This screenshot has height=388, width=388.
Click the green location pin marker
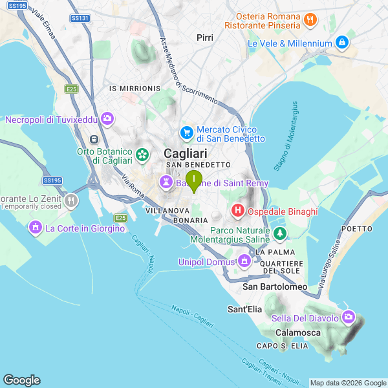tap(193, 180)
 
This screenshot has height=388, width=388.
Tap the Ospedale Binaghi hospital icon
tap(237, 211)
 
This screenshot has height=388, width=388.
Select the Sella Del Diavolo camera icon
tap(349, 318)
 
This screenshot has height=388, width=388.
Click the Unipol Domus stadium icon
tap(244, 262)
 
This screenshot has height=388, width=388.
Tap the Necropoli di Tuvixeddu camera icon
tap(107, 119)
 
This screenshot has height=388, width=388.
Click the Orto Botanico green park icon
tap(142, 155)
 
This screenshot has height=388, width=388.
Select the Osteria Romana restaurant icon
tap(310, 20)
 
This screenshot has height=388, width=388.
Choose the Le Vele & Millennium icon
tap(342, 43)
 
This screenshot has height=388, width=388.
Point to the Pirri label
tap(205, 38)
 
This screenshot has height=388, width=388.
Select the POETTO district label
tap(358, 229)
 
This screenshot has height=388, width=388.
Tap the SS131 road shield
tap(80, 18)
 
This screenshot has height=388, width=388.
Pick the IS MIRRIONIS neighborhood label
tap(135, 88)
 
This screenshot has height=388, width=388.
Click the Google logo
tap(21, 380)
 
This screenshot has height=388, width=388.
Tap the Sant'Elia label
tap(244, 309)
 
